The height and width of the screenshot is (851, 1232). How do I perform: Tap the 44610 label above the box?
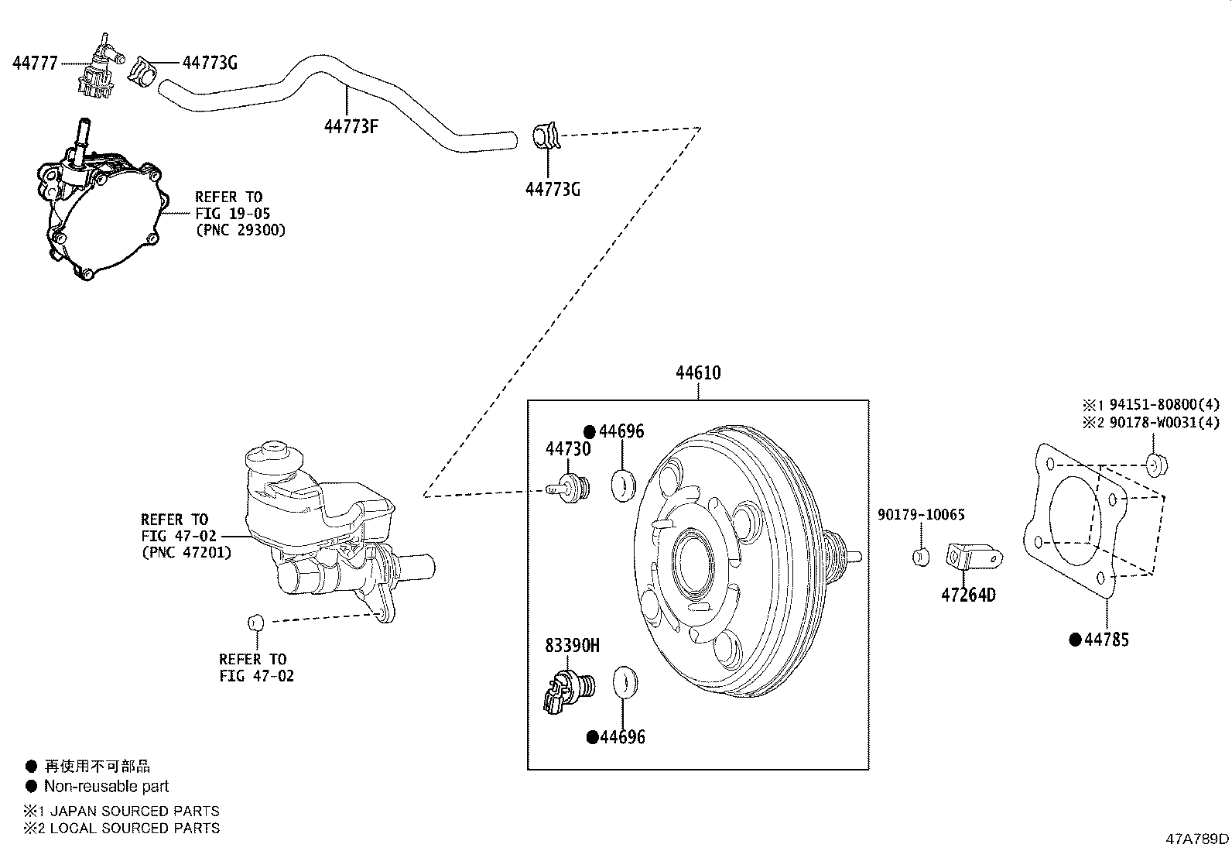click(698, 373)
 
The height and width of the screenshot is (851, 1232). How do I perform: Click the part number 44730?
click(567, 450)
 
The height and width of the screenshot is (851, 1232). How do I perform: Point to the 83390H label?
click(572, 646)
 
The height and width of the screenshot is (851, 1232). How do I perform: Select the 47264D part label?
click(968, 595)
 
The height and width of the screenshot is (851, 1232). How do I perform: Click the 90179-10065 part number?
click(921, 515)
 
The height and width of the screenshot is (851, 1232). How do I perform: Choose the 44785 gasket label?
click(1106, 640)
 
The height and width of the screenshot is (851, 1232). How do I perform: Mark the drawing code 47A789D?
click(1197, 839)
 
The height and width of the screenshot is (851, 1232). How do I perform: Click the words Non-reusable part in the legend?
click(106, 787)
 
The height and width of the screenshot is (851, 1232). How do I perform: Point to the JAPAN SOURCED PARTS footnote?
click(132, 812)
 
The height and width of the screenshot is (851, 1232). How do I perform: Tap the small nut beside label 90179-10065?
click(921, 556)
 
